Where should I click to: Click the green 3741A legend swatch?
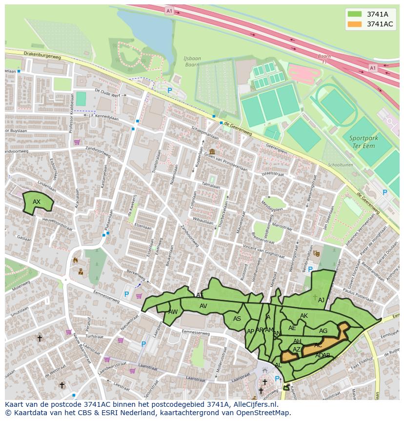pos(355,14)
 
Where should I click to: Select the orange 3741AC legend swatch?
pos(355,24)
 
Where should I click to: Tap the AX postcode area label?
pos(37,202)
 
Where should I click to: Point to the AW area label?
pos(173,312)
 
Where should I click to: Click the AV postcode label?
pos(203,306)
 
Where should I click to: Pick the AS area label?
pos(237,319)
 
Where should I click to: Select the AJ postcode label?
pos(321,300)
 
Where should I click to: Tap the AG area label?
pos(323,331)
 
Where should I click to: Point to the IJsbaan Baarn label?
pos(192,61)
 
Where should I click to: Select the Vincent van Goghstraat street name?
pos(263,252)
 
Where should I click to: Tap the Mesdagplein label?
pos(272,206)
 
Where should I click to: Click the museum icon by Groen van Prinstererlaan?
pos(212,152)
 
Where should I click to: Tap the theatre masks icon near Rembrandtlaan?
pos(316,253)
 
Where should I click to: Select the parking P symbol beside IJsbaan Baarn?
pos(170,90)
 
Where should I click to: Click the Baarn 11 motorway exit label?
pos(324,59)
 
